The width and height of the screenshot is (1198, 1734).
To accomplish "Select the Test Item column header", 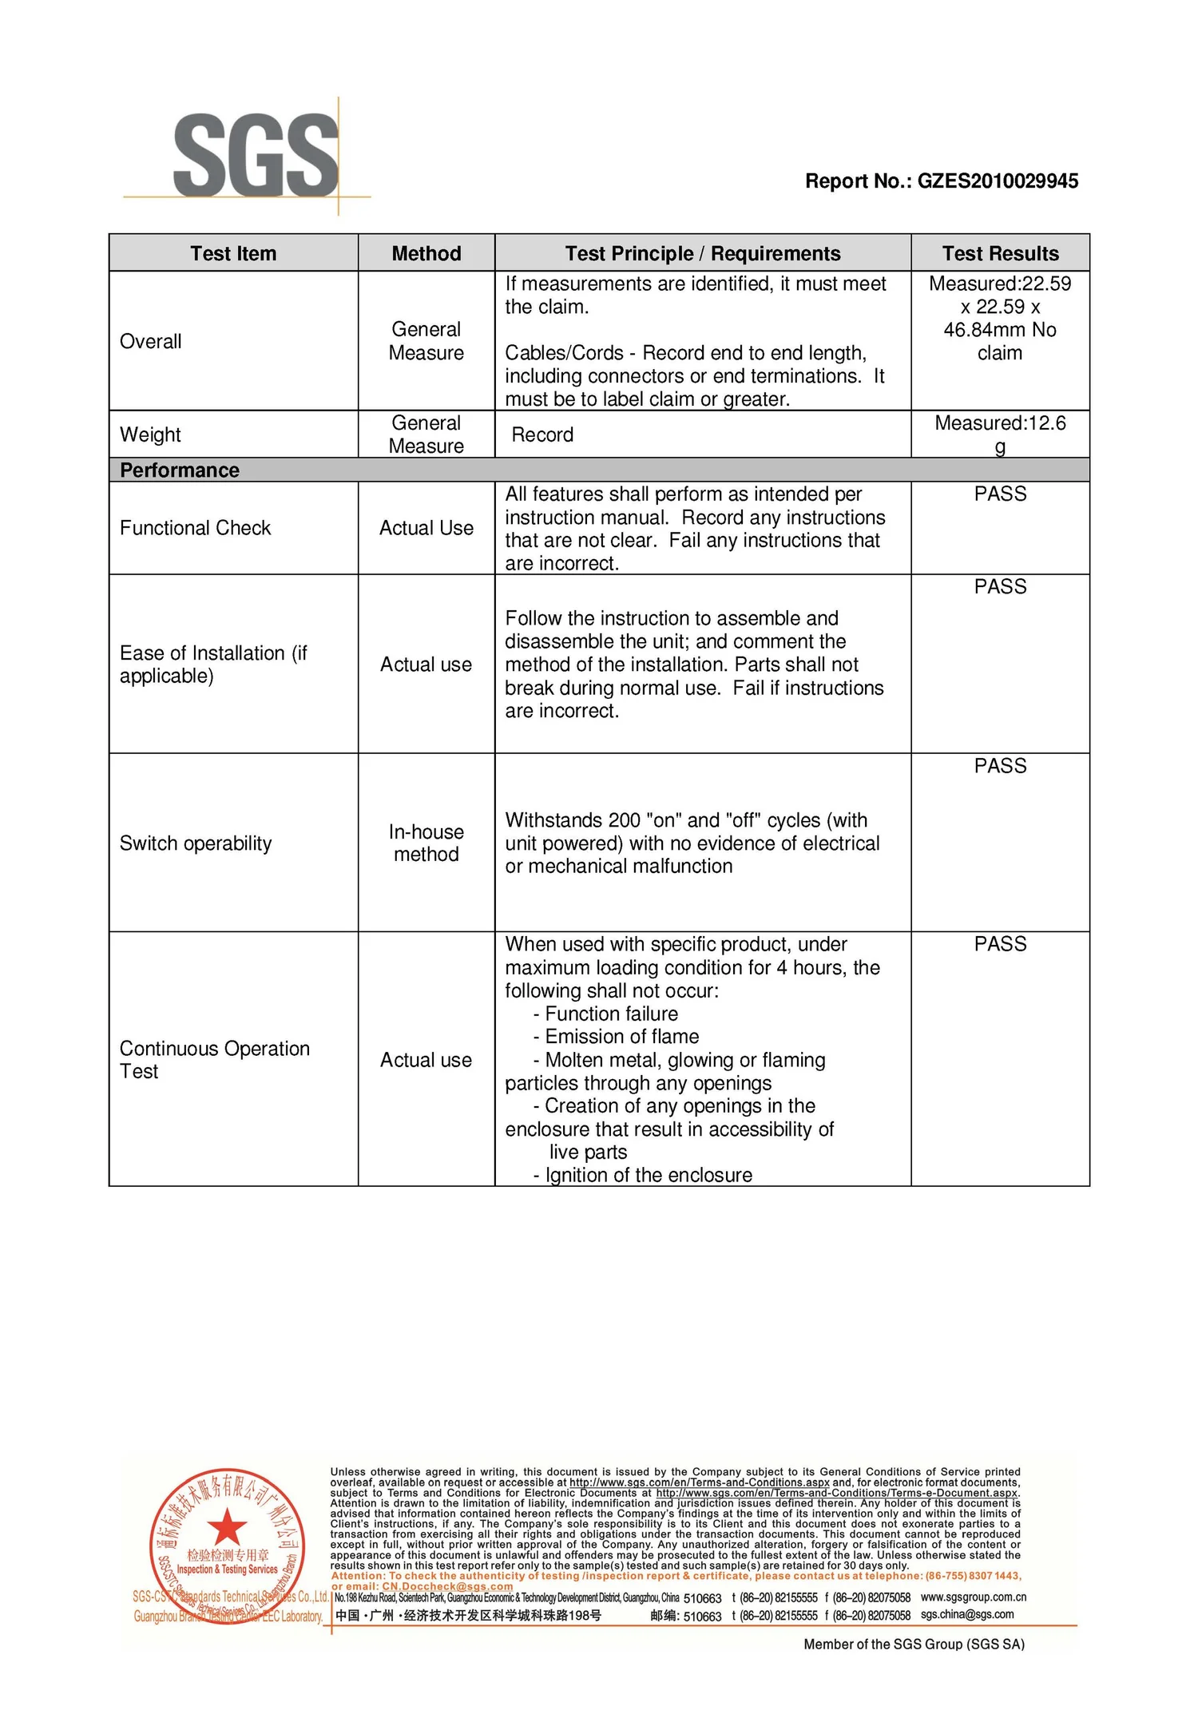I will point(233,254).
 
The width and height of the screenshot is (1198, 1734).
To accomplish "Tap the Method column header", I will point(426,254).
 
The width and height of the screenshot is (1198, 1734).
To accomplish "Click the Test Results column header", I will point(1000,254).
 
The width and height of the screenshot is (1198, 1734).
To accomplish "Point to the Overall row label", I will point(151,342).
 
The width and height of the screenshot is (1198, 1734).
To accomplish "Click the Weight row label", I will point(150,435).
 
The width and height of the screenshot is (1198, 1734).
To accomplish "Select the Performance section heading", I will point(180,470).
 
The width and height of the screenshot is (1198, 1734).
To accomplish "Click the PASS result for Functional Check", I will point(1000,494).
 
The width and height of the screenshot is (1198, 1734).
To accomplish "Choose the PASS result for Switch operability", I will point(1000,766).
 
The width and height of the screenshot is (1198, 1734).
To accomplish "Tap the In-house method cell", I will point(426,843).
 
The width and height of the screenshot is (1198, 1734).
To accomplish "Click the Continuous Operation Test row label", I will point(214,1060).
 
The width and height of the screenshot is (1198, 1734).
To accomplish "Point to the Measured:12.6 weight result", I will point(1000,424).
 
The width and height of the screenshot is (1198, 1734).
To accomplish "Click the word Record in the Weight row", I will point(542,435).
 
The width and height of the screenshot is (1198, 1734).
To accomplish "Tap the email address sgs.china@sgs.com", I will point(967,1614).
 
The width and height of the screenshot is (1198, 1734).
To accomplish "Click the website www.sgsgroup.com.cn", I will point(973,1597).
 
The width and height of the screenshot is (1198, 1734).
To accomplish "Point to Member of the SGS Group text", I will point(914,1644).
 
